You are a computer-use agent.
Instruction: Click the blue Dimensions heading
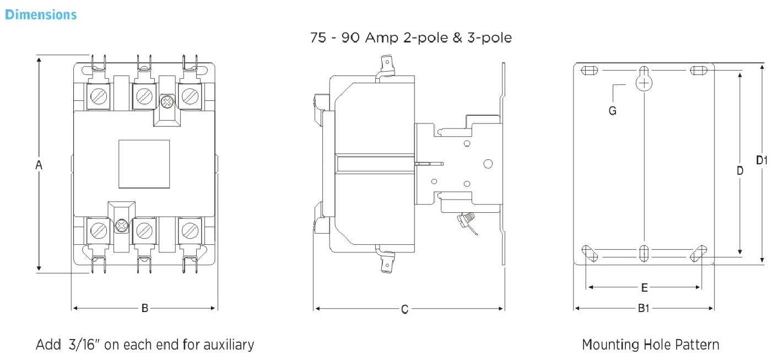tap(41, 14)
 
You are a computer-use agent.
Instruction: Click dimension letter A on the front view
tap(39, 165)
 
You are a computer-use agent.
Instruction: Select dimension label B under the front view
tap(145, 308)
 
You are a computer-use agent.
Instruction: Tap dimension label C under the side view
tap(404, 309)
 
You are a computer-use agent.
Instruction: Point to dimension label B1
tap(644, 308)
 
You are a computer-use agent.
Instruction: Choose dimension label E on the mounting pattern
tap(644, 288)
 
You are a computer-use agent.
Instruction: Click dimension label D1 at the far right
tap(761, 160)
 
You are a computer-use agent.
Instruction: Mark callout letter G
tap(613, 111)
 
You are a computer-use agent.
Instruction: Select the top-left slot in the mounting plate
tap(590, 71)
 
